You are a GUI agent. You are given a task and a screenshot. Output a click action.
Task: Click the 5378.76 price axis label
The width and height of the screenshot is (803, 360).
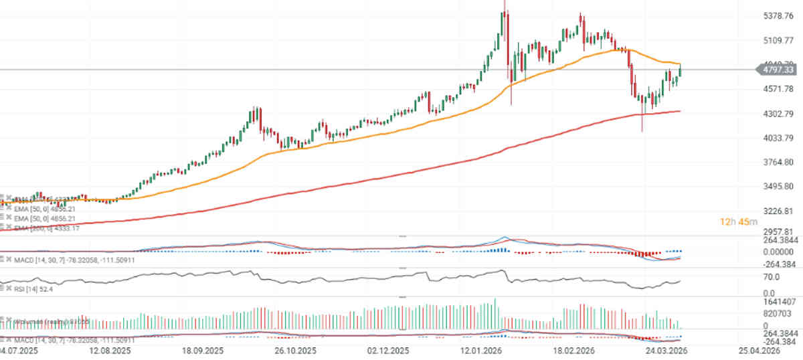(x=779, y=16)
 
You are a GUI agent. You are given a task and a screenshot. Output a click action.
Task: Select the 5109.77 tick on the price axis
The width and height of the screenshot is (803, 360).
(x=779, y=40)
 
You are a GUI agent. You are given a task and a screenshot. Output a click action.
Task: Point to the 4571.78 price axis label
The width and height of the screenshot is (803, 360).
(x=779, y=89)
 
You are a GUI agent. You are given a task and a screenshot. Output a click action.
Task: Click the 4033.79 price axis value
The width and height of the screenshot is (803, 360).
(x=779, y=138)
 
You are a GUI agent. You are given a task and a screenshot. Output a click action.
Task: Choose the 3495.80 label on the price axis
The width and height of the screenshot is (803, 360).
(x=779, y=187)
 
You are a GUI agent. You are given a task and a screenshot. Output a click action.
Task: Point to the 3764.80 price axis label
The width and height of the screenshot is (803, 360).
(x=779, y=163)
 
